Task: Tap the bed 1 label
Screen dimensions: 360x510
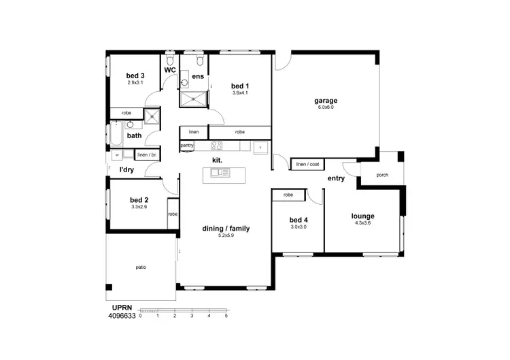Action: tap(240, 86)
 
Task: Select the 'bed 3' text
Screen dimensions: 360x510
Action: tap(135, 76)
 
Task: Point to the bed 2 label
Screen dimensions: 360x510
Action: tap(139, 200)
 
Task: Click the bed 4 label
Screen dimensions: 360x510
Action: tap(299, 220)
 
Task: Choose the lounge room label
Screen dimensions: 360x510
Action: tap(364, 216)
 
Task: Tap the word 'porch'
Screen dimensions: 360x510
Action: tap(382, 175)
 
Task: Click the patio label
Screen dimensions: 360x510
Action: tap(141, 267)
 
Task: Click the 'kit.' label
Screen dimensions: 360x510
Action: tap(217, 161)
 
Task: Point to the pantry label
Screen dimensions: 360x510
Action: tap(188, 146)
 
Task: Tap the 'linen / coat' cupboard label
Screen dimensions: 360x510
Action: tap(305, 164)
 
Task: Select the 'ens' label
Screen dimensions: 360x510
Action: tap(198, 77)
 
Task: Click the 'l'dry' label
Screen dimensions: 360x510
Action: tap(126, 169)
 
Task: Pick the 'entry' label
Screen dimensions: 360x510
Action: tap(336, 178)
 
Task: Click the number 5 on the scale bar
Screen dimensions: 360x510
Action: tap(226, 316)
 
